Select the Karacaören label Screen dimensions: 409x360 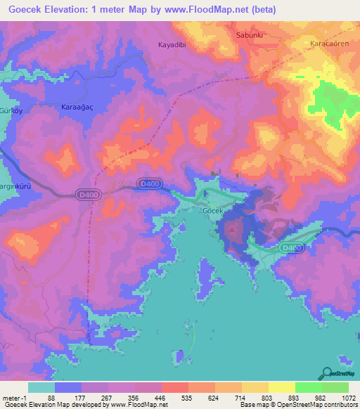[328, 44]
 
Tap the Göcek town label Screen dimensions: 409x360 [212, 211]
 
